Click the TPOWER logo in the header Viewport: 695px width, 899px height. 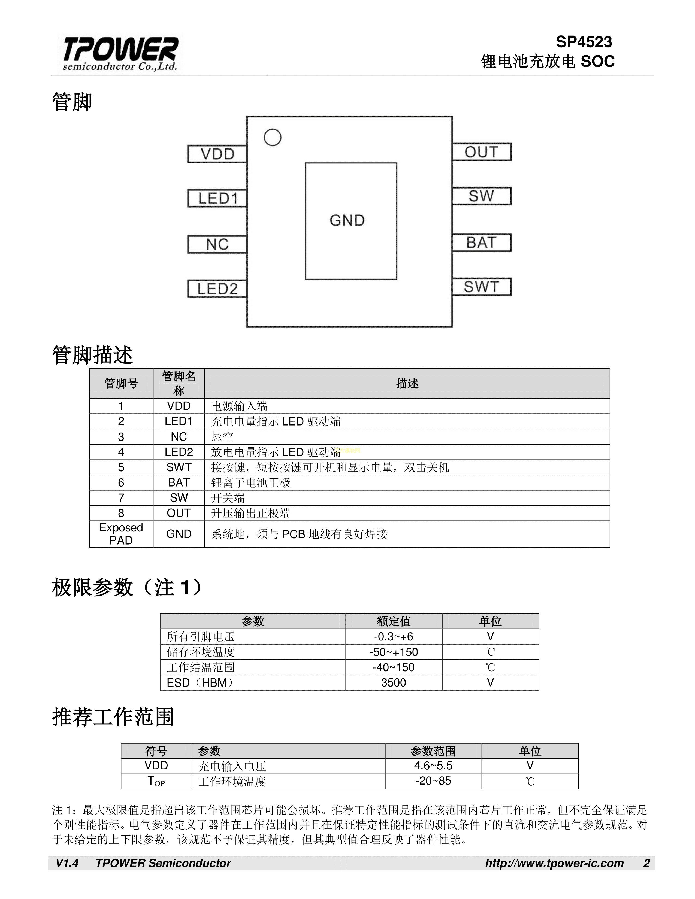point(120,53)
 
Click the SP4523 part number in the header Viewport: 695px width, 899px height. point(584,42)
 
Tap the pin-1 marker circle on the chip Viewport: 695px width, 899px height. point(273,138)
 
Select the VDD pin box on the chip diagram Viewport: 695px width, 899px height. point(217,154)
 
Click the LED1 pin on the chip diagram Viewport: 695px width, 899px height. point(217,198)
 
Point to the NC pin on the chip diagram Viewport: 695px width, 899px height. point(217,245)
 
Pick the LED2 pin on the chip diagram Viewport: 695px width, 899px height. point(217,288)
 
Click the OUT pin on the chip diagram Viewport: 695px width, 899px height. point(481,152)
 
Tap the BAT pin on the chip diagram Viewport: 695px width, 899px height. point(481,242)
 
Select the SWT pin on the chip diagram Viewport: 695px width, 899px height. point(481,287)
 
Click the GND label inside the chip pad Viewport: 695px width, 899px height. point(347,221)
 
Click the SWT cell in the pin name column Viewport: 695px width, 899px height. point(179,467)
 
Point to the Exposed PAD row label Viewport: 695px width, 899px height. point(121,534)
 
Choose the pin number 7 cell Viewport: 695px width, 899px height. point(121,498)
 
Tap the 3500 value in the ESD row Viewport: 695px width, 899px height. point(393,682)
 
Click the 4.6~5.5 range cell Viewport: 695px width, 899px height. point(433,766)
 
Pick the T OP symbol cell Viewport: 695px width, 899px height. point(156,781)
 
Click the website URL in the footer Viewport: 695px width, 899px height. point(554,863)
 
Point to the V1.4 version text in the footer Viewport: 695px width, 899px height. point(67,863)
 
